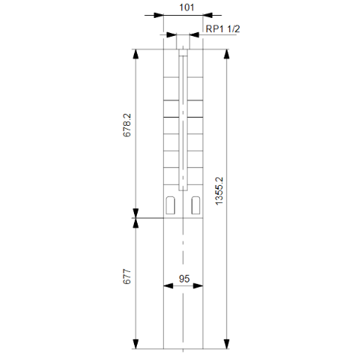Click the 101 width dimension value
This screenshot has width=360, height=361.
click(183, 7)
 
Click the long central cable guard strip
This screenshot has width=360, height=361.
click(183, 120)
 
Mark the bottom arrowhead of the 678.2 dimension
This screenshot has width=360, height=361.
click(135, 214)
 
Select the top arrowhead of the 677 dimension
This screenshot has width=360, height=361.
click(135, 223)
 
